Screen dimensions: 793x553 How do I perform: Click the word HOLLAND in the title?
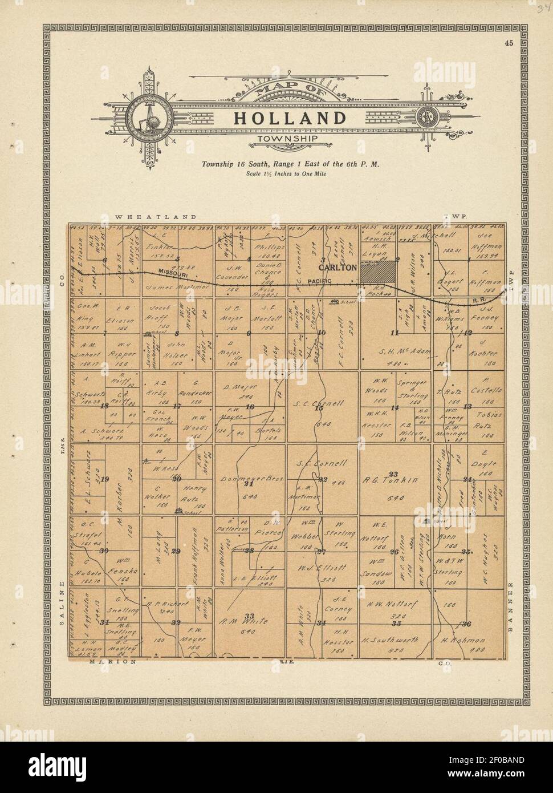point(290,118)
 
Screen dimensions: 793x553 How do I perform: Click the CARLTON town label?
point(338,267)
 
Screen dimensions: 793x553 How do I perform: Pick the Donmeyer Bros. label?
point(248,478)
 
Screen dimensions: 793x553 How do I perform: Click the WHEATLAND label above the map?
point(156,217)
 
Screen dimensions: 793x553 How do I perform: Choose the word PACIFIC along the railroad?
point(314,282)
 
